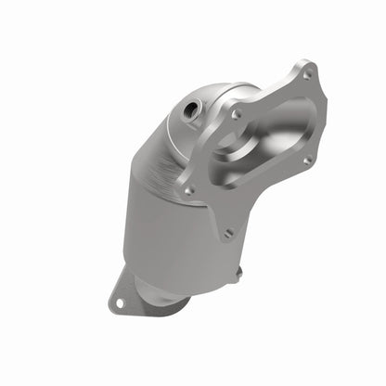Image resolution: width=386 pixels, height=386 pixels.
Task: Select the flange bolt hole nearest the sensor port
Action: point(235,114)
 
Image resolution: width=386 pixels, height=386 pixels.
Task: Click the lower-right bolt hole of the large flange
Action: point(307,160)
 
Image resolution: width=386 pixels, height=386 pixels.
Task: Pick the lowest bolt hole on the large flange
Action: point(226,233)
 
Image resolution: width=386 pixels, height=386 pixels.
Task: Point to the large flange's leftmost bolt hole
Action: point(189,190)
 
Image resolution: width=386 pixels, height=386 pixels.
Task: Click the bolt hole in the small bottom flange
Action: point(119,300)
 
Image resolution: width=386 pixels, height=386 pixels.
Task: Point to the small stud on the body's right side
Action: point(238,273)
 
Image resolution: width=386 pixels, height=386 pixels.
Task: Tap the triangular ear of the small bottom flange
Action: point(121,295)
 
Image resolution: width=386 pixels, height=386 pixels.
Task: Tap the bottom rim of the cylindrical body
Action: point(186,278)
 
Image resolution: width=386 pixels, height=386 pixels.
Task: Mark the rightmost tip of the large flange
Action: point(327,97)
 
